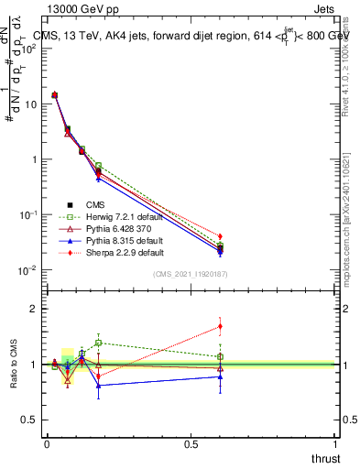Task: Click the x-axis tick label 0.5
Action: click(191, 443)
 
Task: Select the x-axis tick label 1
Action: click(335, 443)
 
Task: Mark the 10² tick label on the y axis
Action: click(29, 49)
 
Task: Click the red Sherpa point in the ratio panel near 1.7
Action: click(220, 326)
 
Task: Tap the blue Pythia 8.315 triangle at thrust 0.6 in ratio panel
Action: click(220, 376)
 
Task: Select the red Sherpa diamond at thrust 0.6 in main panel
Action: click(220, 236)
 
